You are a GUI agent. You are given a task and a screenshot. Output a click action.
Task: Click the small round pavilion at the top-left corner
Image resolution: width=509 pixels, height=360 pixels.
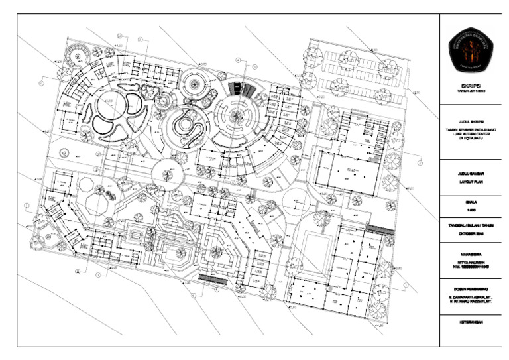tap(78, 54)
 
